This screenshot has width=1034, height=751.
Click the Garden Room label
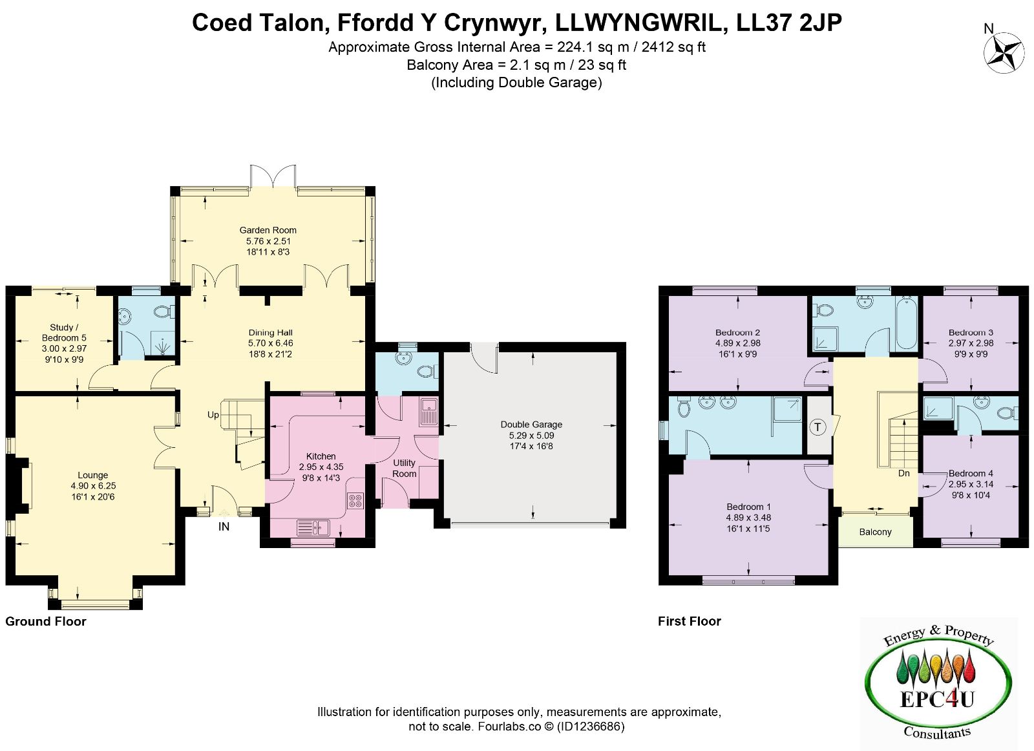coord(268,230)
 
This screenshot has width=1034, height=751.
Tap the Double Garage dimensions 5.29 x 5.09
coord(531,435)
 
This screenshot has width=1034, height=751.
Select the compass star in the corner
coord(1003,52)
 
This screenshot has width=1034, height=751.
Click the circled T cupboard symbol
coord(818,427)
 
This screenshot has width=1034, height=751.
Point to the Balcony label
coord(875,532)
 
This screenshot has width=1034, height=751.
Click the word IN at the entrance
coord(224,527)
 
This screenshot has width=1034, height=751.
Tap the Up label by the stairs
coord(213,415)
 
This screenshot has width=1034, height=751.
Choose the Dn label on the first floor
coord(903,473)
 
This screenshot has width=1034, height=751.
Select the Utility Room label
coord(404,468)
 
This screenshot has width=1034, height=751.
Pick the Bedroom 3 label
coord(971,332)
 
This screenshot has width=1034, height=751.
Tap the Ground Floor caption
coord(46,621)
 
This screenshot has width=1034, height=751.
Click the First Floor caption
coord(689,621)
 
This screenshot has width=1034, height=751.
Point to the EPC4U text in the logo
coord(936,699)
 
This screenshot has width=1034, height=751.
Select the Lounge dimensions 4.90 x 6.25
coord(93,485)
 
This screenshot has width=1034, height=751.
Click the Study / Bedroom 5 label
coord(64,332)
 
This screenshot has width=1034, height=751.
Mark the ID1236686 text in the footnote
coord(591,726)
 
